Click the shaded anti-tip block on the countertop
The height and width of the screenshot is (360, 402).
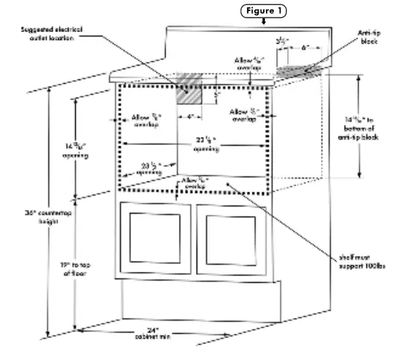coord(298,71)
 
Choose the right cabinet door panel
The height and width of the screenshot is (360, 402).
coord(233,240)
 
